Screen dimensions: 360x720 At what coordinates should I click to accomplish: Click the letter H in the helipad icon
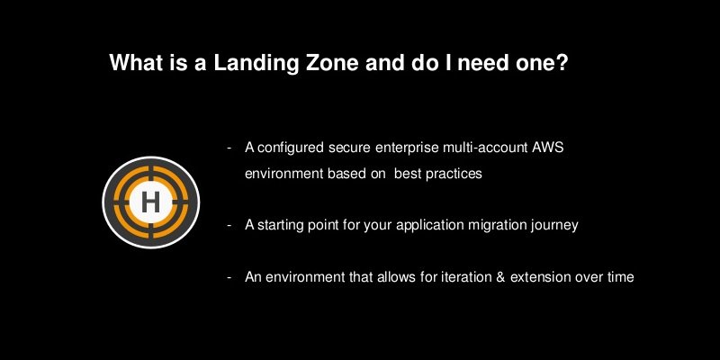click(150, 202)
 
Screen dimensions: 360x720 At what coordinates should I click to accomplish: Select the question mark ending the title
click(561, 64)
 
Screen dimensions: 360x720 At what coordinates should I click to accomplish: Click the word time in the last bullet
click(620, 277)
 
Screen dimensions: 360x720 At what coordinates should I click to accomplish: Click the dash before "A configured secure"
click(229, 147)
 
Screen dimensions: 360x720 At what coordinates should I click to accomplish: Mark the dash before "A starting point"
click(229, 225)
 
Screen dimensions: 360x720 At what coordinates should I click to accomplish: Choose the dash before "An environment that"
click(229, 277)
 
